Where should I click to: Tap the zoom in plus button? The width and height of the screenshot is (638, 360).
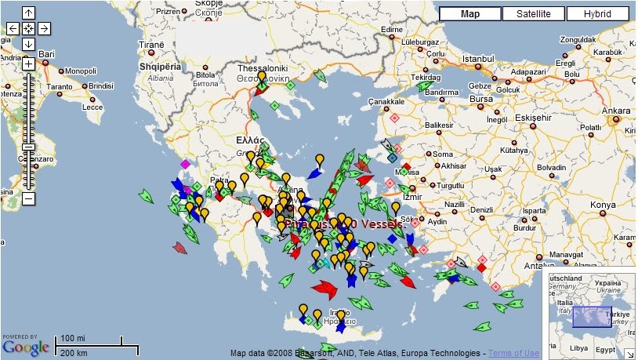(x=28, y=64)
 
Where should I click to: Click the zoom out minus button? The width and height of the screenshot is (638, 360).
(x=28, y=198)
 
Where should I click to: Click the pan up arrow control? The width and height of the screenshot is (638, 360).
(x=28, y=13)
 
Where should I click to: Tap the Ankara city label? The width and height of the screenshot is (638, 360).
(x=615, y=111)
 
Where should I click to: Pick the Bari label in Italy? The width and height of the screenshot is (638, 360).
(x=47, y=54)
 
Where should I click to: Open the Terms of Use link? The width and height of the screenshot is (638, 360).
(x=515, y=353)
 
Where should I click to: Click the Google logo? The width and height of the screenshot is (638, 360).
(x=25, y=346)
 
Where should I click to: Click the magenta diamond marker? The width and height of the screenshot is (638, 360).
(x=185, y=164)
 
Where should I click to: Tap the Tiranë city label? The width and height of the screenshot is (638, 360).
(x=150, y=45)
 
